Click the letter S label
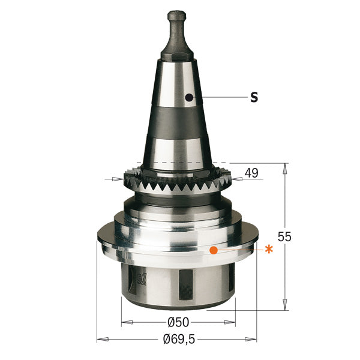click(x=254, y=97)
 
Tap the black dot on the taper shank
click(x=189, y=97)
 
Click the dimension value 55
click(x=285, y=237)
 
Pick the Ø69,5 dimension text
click(x=179, y=340)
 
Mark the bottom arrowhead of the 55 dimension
click(x=284, y=307)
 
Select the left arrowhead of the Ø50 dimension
click(x=125, y=323)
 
